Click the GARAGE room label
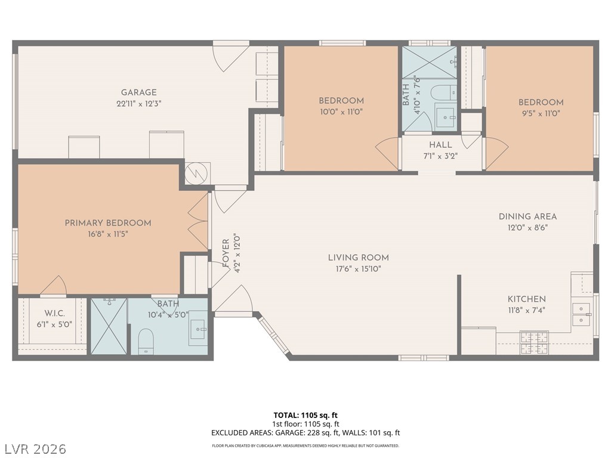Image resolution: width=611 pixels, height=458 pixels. point(139,92)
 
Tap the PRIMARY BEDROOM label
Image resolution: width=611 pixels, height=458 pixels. point(108,223)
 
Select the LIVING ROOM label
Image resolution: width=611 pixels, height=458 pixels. point(358,258)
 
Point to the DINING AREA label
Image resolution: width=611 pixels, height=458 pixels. point(527,216)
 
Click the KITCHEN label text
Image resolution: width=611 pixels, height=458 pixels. point(526,299)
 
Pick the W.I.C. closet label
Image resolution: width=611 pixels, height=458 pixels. point(54,313)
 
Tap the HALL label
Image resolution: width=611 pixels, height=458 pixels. point(440,145)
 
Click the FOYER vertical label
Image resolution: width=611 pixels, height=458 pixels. point(226,253)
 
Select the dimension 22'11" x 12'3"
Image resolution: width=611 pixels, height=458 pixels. point(139,103)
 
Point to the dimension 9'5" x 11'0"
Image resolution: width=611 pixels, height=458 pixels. point(541,113)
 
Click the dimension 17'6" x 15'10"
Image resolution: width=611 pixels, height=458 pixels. point(358,268)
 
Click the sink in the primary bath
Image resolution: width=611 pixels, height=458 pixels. point(198,327)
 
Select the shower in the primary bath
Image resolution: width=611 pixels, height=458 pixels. point(109,326)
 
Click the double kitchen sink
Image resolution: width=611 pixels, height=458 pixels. point(582,314)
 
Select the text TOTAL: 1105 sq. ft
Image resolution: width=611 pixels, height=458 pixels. point(305,415)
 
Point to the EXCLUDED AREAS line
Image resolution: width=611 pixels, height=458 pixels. point(305,433)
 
